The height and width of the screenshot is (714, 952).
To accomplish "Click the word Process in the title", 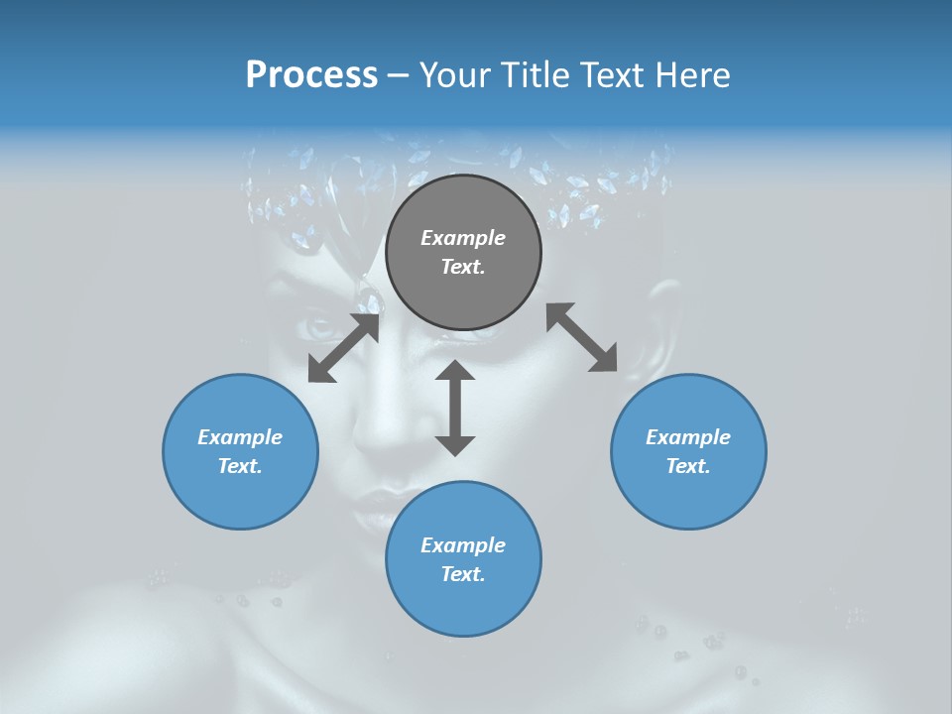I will pos(311,74).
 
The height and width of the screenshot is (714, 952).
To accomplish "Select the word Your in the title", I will pos(453,74).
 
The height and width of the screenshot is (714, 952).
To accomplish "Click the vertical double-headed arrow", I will pos(455,408).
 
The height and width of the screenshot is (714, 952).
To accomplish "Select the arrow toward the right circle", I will pos(582,337).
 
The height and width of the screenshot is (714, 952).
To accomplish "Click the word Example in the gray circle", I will pos(463,238).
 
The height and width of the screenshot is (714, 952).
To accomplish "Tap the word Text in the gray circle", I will pos(463,267).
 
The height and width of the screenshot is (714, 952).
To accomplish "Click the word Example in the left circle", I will pos(240,437).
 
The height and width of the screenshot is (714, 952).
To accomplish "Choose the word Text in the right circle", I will pos(688,466).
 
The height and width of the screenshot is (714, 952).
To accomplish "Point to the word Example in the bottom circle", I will pos(463,545).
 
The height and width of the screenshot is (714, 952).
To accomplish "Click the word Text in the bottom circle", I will pos(463,574).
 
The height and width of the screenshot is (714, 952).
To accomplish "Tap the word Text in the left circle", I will pos(240,466).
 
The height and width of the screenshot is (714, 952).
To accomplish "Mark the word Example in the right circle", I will pos(688,437).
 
